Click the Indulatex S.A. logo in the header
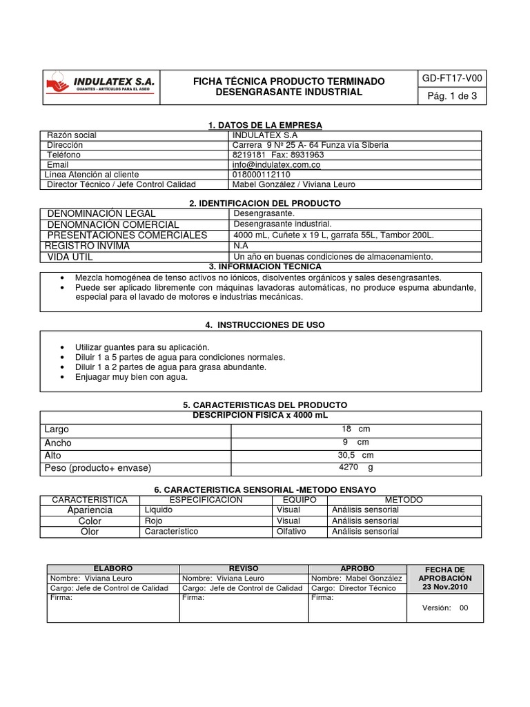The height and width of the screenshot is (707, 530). [101, 87]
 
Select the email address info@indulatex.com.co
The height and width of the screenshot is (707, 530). [276, 165]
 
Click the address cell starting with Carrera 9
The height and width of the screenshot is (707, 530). [311, 145]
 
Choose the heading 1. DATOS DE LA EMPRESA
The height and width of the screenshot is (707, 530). [265, 125]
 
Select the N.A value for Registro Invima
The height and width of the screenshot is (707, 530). [241, 245]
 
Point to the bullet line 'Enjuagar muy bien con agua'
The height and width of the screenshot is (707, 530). [131, 378]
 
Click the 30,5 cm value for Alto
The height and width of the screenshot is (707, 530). [355, 455]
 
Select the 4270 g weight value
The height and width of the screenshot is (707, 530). [355, 467]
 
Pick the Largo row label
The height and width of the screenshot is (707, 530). [57, 429]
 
